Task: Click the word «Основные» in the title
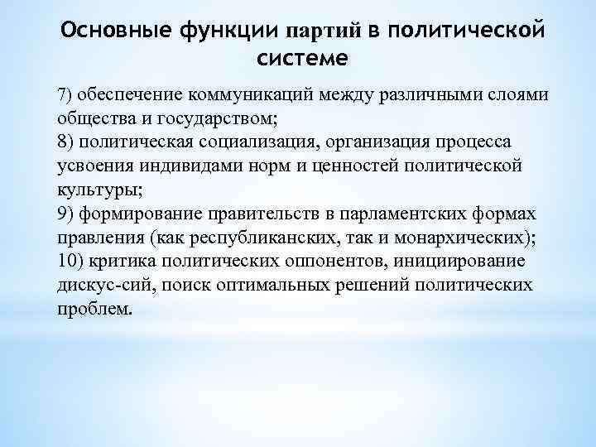[111, 31]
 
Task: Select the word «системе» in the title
[303, 60]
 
